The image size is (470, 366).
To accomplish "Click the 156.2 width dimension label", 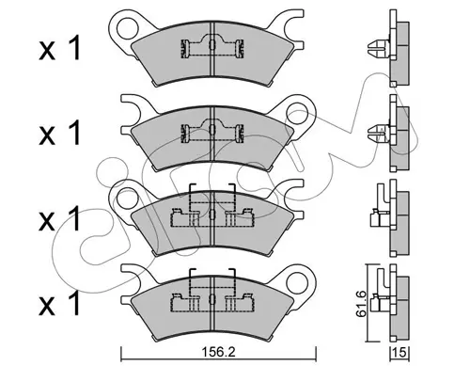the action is [218, 352].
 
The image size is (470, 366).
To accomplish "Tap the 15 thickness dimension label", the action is [399, 352].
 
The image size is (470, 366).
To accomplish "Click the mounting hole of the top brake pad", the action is [128, 28].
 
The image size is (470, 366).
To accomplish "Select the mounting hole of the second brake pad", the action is [298, 113].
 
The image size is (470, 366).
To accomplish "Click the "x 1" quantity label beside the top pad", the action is [59, 48].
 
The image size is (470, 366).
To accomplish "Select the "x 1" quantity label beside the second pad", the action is [59, 133].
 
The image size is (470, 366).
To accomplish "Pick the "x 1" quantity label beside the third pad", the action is [59, 218].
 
